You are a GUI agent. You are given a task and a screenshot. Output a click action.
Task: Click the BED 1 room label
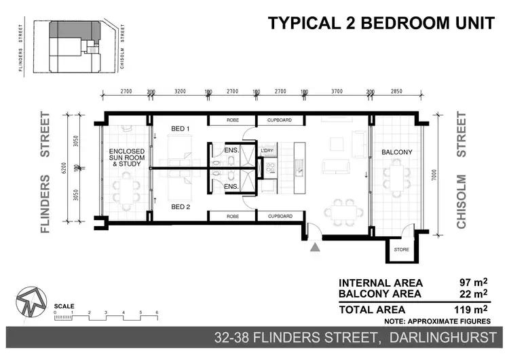tap(180, 128)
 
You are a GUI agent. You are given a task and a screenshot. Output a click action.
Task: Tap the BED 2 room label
tap(180, 206)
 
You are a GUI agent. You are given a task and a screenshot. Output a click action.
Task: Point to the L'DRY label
tap(267, 151)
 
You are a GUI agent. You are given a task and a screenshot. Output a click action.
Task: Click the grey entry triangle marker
tap(314, 248)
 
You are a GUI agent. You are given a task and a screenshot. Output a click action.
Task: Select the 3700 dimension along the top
tap(337, 90)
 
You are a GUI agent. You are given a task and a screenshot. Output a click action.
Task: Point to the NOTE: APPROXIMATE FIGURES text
tap(437, 321)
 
